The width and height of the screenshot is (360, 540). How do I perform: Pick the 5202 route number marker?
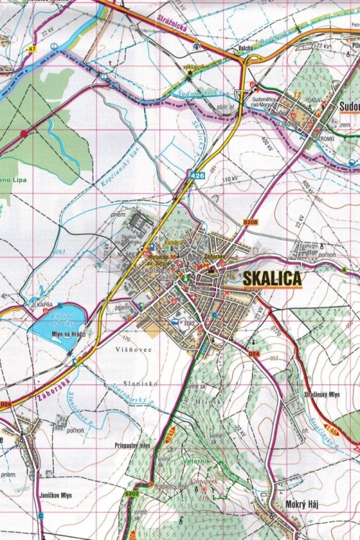(131, 494)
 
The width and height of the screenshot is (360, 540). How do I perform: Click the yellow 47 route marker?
(32, 49)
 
